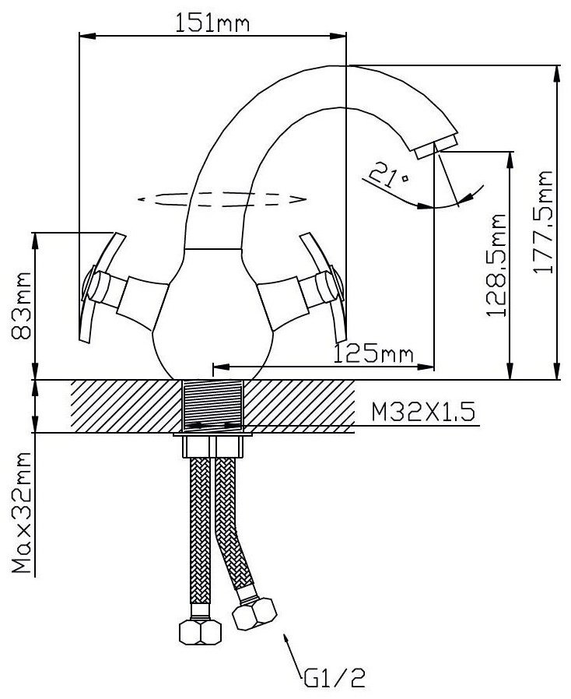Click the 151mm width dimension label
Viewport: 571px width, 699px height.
(x=212, y=23)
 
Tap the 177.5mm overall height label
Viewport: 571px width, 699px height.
(x=543, y=222)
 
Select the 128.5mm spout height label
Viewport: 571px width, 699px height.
(x=496, y=265)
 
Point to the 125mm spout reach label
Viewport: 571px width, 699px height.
(x=373, y=353)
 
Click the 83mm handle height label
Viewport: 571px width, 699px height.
(x=21, y=305)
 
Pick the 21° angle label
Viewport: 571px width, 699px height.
(x=388, y=174)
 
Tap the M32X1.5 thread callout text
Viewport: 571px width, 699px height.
(x=423, y=412)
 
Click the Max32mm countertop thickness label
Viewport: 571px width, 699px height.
(x=21, y=513)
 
